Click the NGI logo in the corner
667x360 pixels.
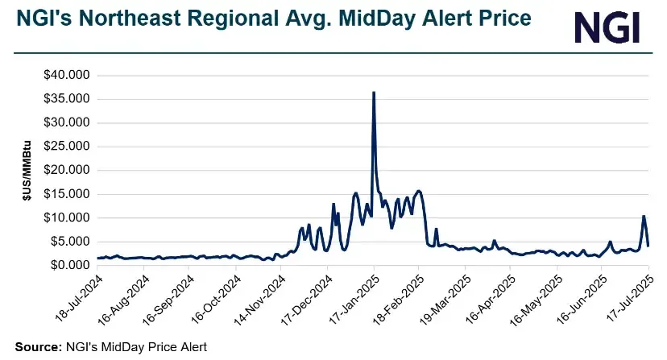point(607,28)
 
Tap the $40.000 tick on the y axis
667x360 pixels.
point(66,76)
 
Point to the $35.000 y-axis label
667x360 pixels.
point(66,99)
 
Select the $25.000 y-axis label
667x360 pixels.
point(66,147)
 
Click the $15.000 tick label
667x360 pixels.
point(66,194)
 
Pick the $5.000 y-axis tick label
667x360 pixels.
point(68,242)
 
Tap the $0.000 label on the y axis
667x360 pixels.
point(68,265)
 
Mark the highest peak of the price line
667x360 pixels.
point(373,93)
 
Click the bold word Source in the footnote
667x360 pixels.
point(35,347)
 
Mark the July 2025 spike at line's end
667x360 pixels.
point(644,216)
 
